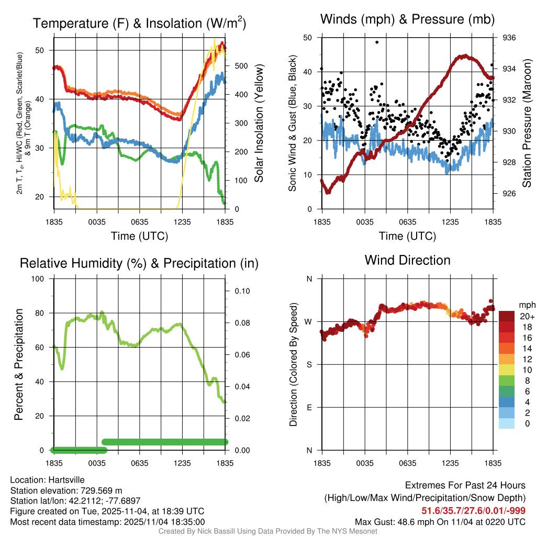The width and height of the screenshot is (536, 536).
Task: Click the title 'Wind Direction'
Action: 407,260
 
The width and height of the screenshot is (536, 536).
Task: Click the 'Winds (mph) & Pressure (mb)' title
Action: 407,20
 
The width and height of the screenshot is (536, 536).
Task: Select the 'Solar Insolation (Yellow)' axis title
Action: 259,124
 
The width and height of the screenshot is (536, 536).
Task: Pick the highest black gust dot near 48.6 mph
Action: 377,42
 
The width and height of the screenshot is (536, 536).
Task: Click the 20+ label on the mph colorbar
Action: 527,316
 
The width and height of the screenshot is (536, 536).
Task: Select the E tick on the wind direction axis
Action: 309,407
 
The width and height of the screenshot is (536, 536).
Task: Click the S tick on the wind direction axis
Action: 309,364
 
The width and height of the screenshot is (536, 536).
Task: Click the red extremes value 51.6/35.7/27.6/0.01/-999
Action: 473,510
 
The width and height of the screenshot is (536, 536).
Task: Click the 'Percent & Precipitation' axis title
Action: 19,364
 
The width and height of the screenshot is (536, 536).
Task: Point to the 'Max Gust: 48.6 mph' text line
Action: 440,522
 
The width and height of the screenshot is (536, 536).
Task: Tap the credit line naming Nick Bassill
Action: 267,531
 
